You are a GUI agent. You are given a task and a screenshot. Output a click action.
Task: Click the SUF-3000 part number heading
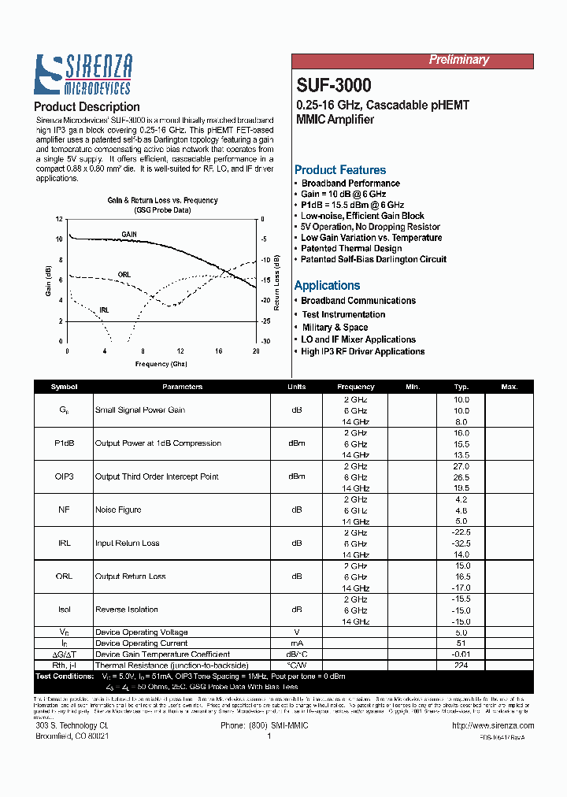pos(334,85)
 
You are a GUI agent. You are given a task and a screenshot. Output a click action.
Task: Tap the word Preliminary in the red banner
pos(458,60)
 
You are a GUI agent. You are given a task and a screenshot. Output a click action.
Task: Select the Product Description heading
pos(87,107)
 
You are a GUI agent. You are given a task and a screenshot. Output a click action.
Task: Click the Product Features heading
pos(340,170)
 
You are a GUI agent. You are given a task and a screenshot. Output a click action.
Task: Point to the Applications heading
pos(327,286)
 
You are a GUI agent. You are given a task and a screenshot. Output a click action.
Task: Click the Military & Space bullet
pos(335,328)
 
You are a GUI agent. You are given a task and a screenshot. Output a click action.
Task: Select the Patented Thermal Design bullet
pos(351,249)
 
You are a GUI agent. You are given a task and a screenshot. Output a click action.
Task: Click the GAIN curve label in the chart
pos(129,235)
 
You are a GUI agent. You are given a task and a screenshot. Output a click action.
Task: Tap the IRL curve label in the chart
pos(105,310)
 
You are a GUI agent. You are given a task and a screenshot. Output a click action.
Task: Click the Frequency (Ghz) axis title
pos(161,364)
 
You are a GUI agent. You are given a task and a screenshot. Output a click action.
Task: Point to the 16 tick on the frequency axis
pos(218,350)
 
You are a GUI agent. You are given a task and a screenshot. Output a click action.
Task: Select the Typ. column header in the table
pos(461,387)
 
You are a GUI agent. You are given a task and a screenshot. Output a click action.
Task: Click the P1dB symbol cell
pos(64,443)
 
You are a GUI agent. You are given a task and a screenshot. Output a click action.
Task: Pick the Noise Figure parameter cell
pos(118,510)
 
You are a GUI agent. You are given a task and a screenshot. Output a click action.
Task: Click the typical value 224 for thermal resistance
pos(461,665)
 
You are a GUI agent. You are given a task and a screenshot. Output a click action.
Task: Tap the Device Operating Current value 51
pos(461,643)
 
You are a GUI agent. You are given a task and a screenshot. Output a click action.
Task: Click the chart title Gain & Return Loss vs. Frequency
pos(162,201)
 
